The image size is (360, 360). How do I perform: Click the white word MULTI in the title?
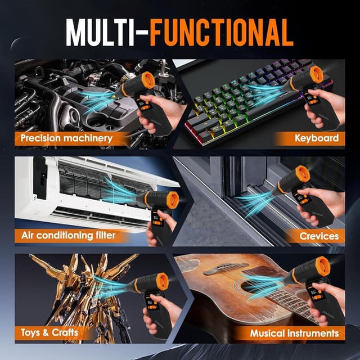click(x=100, y=33)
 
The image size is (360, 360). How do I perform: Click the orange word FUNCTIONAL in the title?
click(x=222, y=33)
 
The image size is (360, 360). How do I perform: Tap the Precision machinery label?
click(x=66, y=138)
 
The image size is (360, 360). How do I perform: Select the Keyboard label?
click(x=317, y=138)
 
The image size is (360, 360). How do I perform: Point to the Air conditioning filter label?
click(x=69, y=235)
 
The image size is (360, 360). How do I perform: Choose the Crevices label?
click(x=319, y=236)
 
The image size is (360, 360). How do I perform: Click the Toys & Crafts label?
click(x=49, y=332)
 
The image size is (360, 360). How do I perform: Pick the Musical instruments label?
click(x=294, y=333)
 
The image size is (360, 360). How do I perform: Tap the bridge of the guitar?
click(x=226, y=268)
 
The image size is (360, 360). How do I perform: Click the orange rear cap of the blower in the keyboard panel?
click(x=317, y=75)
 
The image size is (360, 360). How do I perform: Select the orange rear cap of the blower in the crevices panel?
click(x=303, y=174)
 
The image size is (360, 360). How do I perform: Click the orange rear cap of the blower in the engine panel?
click(x=148, y=80)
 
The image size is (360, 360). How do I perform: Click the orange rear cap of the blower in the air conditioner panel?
click(x=173, y=200)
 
